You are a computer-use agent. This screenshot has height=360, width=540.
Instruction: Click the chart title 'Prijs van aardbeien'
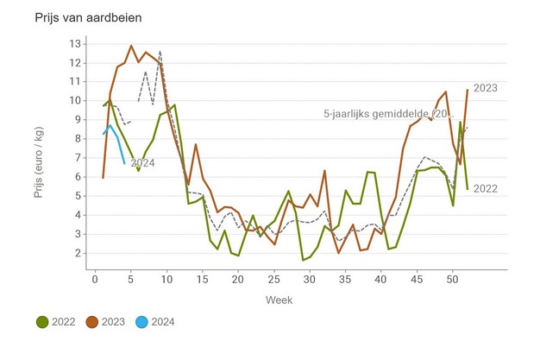pos(88,17)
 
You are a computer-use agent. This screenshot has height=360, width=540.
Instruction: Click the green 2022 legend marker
pos(41,322)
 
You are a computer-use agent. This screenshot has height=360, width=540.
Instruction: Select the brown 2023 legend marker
pos(93,322)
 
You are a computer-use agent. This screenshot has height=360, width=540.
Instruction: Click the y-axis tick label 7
pos(78,158)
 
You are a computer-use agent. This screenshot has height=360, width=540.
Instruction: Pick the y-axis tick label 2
pos(78,253)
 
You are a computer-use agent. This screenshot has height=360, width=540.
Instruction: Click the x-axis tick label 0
pos(95,279)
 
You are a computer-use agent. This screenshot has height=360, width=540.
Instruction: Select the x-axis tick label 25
pos(274,279)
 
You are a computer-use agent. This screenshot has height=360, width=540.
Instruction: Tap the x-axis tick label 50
pos(453,279)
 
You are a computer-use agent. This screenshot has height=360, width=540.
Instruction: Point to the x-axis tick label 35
pos(346,279)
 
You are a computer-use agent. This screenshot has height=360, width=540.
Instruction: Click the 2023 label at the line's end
pos(486,87)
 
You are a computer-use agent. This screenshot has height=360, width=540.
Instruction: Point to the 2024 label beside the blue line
pos(142,163)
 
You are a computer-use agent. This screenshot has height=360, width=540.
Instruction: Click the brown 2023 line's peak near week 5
pos(131,46)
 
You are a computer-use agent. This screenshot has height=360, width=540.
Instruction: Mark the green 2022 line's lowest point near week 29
pos(303,259)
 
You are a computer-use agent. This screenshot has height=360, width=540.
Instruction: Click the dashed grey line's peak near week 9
pos(160,52)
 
